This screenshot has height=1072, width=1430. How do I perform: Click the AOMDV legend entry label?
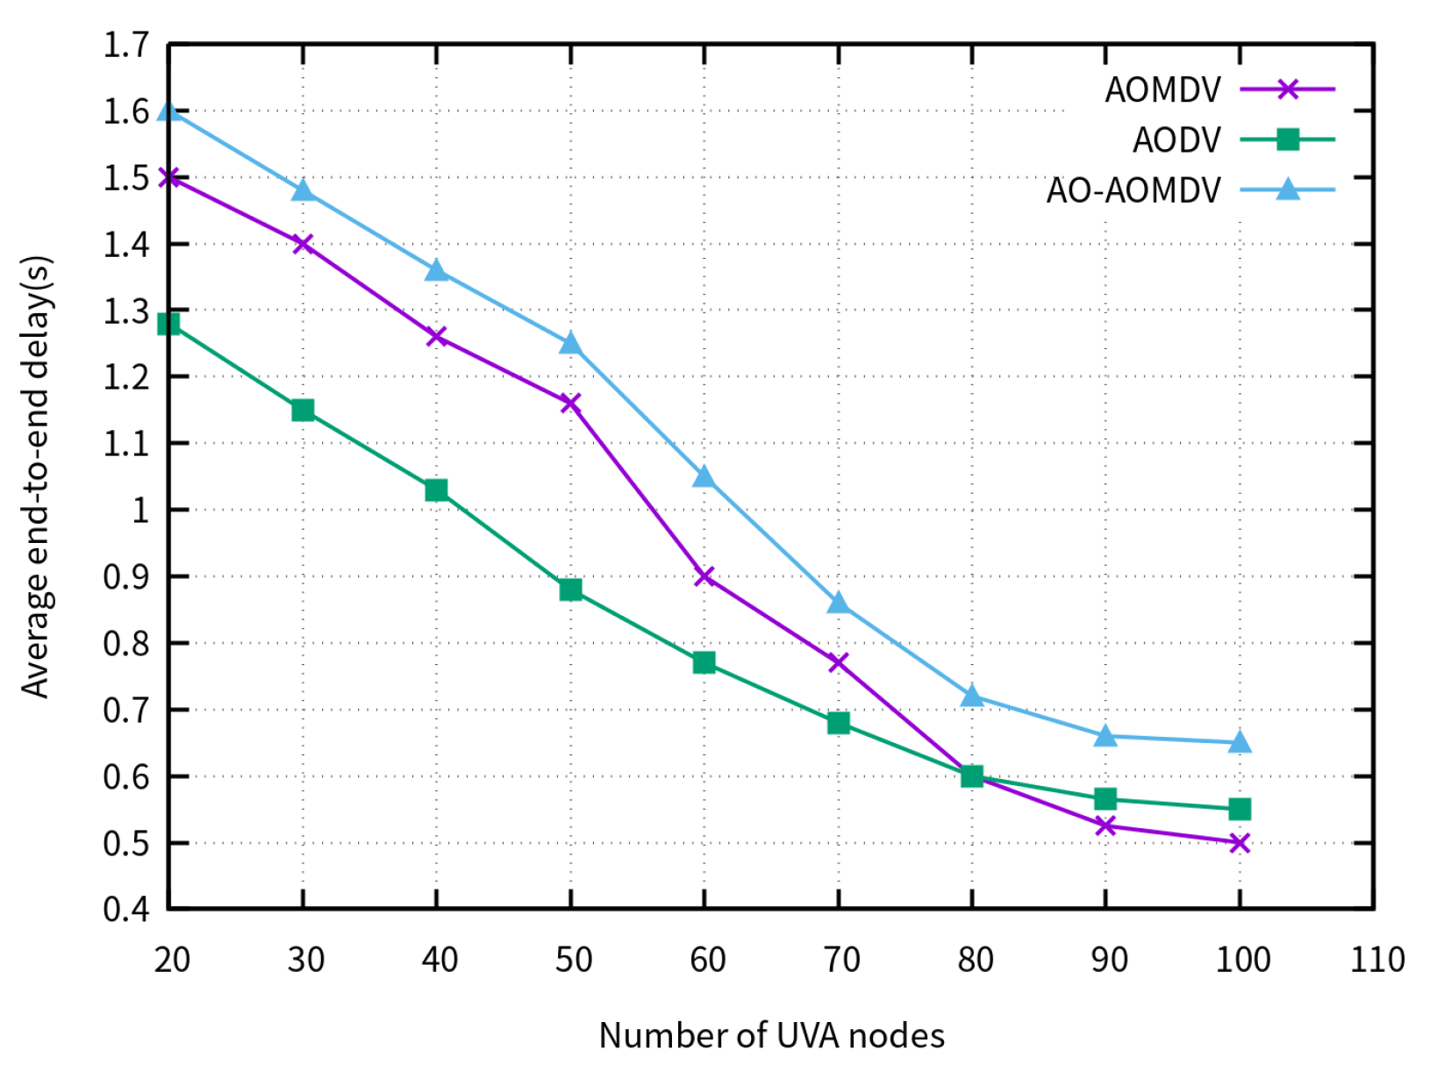click(x=1162, y=90)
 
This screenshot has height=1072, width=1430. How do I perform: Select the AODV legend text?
click(x=1176, y=140)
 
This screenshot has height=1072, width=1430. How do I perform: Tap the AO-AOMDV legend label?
click(x=1133, y=190)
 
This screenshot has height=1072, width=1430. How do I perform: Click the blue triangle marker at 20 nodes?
click(x=169, y=111)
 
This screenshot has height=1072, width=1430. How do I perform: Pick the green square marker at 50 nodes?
click(x=570, y=590)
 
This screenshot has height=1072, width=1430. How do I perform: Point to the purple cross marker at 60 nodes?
click(x=704, y=576)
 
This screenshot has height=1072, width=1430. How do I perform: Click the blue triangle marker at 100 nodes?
click(x=1239, y=743)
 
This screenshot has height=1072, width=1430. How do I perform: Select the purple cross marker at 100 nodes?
click(x=1239, y=843)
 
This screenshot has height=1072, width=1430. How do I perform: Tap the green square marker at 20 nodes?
click(x=168, y=325)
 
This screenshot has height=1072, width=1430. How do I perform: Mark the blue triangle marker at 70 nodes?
click(x=838, y=604)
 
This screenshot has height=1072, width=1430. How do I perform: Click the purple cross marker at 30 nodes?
click(x=303, y=244)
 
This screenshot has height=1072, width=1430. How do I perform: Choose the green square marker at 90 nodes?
click(x=1105, y=799)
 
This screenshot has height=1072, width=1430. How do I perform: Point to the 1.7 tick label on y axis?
click(x=126, y=45)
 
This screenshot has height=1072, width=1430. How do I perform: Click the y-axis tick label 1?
click(x=140, y=511)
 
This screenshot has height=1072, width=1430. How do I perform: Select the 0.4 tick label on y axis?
click(x=126, y=909)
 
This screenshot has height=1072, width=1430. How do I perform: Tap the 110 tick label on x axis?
click(x=1376, y=960)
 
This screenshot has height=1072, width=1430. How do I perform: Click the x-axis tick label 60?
click(x=707, y=960)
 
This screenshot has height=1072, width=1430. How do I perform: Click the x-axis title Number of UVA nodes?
click(x=771, y=1036)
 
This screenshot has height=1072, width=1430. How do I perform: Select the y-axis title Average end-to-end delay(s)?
click(x=37, y=477)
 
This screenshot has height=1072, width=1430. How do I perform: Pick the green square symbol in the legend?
click(x=1287, y=139)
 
